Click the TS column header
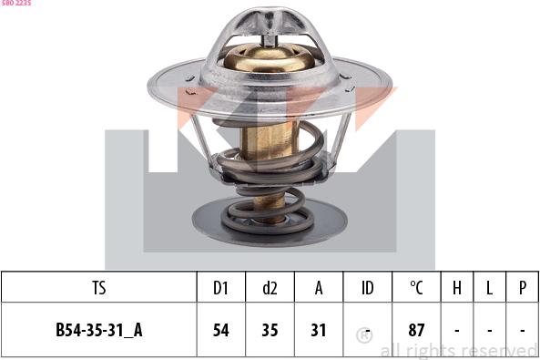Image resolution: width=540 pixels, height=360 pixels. point(99,288)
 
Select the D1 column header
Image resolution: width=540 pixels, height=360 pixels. point(220,288)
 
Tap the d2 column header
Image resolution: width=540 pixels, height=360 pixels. point(270,288)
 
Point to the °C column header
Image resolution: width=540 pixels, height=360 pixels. point(416,288)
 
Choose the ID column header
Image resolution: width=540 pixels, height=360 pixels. point(368,288)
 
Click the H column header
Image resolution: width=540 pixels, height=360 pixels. point(457,288)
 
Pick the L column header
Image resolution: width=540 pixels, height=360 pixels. point(489,288)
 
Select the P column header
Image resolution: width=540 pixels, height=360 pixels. point(523,288)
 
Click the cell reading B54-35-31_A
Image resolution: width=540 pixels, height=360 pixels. point(99,330)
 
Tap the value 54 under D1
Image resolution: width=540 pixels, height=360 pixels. point(220,330)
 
